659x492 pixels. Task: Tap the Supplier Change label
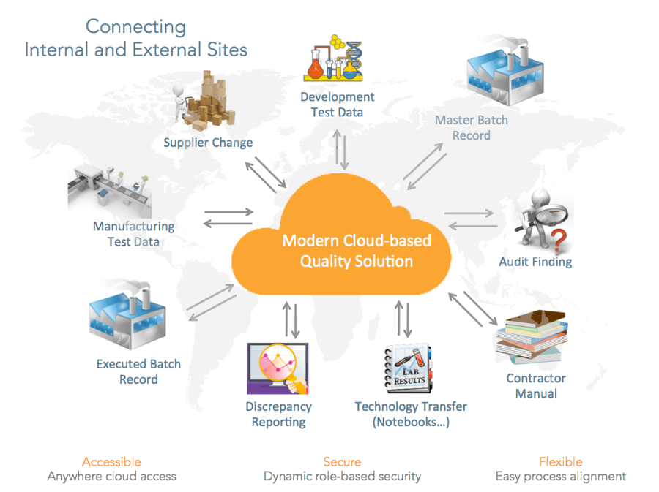(208, 143)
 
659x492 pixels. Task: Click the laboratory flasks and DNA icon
(335, 59)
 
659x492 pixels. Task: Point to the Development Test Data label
(337, 105)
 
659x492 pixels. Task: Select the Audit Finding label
(535, 262)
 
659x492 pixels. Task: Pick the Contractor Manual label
(536, 386)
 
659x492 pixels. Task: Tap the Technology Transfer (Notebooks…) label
(410, 415)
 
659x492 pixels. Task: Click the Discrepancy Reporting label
(278, 415)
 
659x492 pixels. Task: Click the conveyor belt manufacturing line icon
(110, 190)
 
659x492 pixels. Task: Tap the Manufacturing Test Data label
(133, 234)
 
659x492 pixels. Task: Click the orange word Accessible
(111, 462)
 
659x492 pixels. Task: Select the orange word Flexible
(560, 462)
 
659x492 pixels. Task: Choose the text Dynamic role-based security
(342, 477)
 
